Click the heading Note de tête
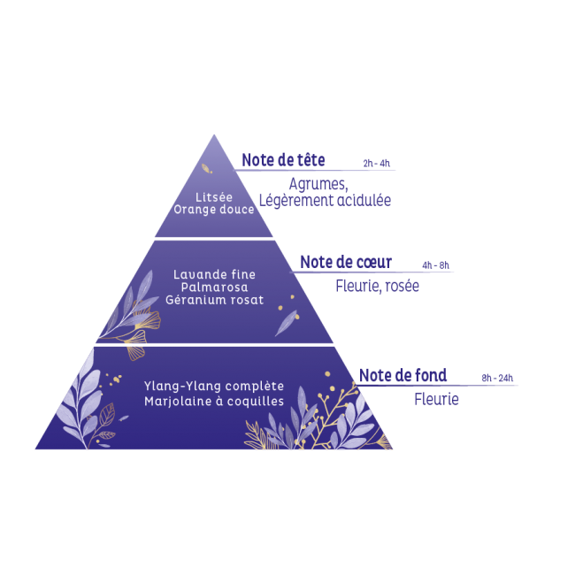[283, 160]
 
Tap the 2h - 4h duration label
[376, 163]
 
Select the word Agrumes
[318, 184]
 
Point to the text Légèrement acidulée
[325, 200]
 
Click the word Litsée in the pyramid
[214, 197]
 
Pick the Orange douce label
[214, 210]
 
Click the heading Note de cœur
[346, 262]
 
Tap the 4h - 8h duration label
[435, 265]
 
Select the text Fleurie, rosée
[377, 286]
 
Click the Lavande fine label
[215, 274]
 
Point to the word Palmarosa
[215, 287]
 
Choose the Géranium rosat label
[215, 300]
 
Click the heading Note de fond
[403, 375]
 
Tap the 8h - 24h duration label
[497, 378]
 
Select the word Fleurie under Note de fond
[436, 399]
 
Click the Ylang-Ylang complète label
[214, 387]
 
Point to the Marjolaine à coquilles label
[214, 402]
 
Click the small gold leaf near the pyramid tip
[207, 169]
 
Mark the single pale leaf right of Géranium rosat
[286, 323]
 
